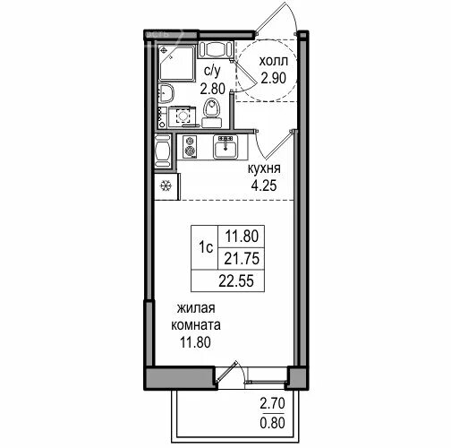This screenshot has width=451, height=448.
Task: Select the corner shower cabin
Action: [176, 63]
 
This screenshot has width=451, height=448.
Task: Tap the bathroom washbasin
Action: [166, 93]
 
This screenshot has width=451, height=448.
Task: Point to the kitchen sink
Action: [225, 147]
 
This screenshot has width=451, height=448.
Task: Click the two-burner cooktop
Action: [190, 147]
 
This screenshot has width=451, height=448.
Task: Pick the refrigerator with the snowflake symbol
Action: [167, 186]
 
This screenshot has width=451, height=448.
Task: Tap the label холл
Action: [273, 61]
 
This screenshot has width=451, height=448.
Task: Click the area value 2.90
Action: [273, 78]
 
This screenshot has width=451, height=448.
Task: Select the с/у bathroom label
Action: [212, 72]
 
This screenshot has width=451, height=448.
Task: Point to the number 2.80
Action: [213, 89]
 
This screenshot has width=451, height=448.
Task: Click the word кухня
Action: [264, 168]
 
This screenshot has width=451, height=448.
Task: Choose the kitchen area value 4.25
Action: [264, 185]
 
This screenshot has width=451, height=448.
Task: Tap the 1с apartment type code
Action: [206, 247]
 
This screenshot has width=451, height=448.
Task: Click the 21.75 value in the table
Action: [242, 259]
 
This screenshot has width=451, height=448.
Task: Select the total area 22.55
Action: [236, 281]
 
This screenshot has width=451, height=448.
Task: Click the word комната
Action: [196, 325]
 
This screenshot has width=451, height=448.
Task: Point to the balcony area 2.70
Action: [273, 404]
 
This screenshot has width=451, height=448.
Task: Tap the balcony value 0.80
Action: [273, 423]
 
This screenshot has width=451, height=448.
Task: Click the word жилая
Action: [196, 308]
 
